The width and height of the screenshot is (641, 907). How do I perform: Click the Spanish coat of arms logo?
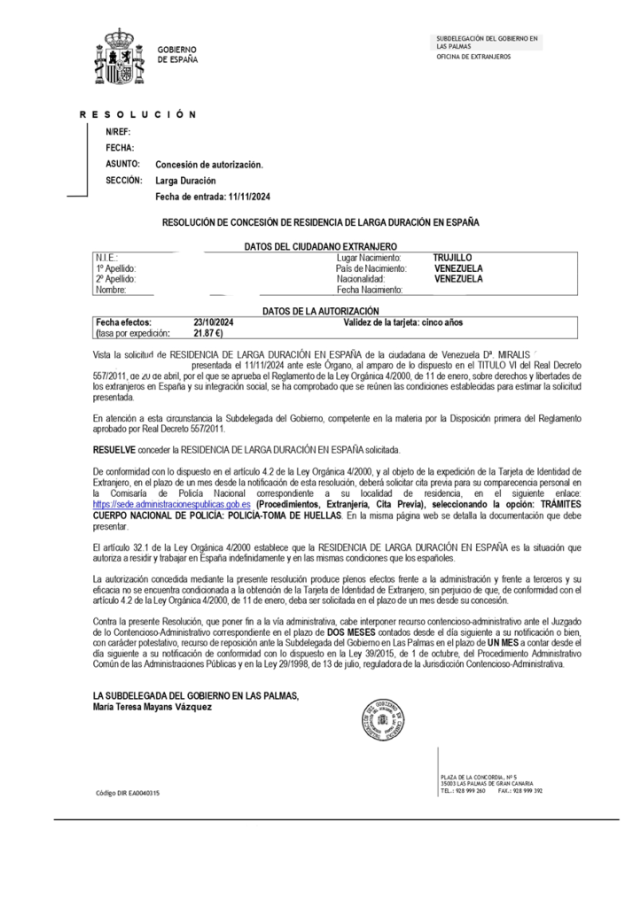120,54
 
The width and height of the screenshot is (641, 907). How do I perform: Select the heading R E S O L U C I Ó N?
137,115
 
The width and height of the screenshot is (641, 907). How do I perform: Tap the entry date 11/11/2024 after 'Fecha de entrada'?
249,197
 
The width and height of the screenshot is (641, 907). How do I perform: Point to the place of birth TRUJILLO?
452,257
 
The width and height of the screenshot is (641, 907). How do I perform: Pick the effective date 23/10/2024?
214,323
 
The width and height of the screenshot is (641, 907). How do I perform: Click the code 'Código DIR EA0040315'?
128,793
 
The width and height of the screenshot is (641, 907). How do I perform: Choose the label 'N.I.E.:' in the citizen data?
106,257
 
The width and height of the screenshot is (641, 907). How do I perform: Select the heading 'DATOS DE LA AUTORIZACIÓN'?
321,312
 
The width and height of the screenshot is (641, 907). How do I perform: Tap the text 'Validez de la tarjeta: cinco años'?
396,323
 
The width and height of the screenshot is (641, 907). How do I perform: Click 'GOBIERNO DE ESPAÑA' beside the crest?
177,54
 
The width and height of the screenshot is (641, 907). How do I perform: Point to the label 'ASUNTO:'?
123,165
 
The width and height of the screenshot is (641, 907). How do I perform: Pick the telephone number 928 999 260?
469,790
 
